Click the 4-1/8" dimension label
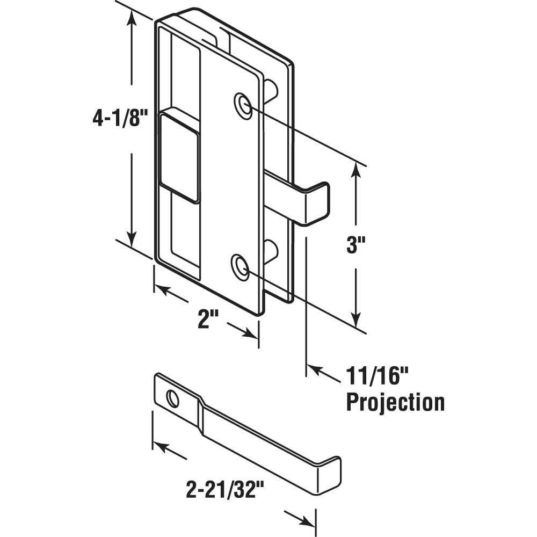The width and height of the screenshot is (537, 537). coord(119,118)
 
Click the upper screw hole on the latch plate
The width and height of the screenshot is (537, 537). coord(243,105)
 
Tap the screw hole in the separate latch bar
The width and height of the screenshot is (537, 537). coord(173,398)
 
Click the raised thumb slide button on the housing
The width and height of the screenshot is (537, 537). coord(180,156)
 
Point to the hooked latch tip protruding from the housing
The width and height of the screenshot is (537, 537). coord(317,203)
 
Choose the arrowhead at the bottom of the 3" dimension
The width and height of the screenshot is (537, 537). coord(355,321)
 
